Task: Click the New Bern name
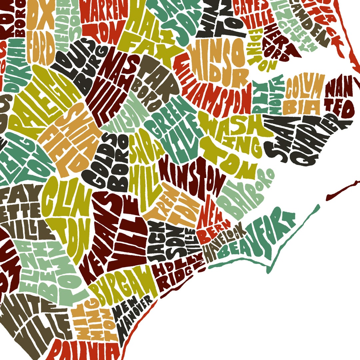point(213,220)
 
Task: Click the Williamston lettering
point(213,90)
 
